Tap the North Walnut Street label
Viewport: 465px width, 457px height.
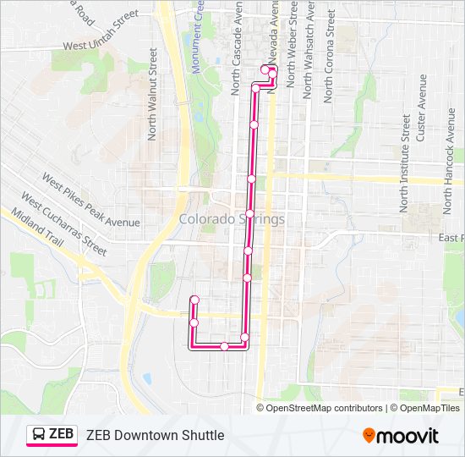click(x=153, y=93)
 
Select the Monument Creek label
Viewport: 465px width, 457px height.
click(x=197, y=38)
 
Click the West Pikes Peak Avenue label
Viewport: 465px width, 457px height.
click(x=90, y=201)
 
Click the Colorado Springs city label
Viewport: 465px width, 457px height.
click(x=232, y=219)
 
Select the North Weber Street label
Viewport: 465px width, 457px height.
click(x=291, y=46)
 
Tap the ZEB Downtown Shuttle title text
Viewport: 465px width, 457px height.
click(x=155, y=435)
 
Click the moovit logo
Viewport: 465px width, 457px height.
click(x=401, y=436)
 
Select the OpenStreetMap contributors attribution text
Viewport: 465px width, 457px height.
click(x=324, y=408)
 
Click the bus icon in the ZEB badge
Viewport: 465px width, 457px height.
click(x=39, y=435)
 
